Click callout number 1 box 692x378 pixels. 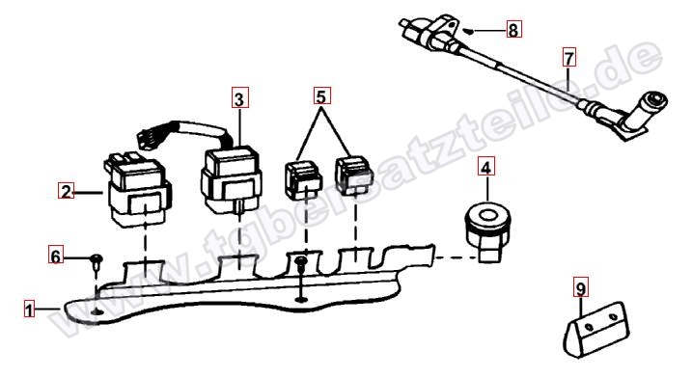click(x=29, y=310)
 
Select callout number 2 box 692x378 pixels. click(x=67, y=192)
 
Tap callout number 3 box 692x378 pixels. click(x=239, y=98)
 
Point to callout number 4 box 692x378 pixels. click(x=485, y=167)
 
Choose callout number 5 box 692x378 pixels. click(x=321, y=95)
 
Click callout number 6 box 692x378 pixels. click(x=56, y=256)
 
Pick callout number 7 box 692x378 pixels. click(x=569, y=57)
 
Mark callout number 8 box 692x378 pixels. click(x=513, y=30)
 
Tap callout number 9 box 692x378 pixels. click(x=581, y=288)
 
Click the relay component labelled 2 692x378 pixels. click(x=138, y=190)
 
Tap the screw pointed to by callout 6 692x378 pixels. click(x=97, y=261)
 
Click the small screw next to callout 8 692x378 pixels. click(x=470, y=31)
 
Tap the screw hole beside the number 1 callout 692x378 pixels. click(x=97, y=311)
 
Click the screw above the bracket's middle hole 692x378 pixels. click(x=301, y=263)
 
